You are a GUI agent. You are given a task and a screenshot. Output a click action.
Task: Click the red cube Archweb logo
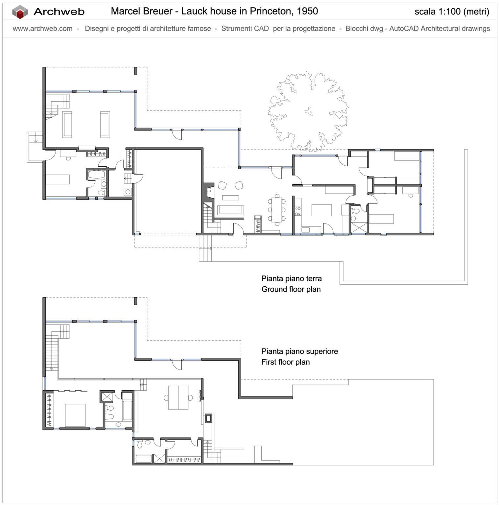(20, 12)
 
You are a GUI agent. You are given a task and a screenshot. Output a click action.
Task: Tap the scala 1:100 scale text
(451, 12)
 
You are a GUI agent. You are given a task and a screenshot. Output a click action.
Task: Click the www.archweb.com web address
(42, 29)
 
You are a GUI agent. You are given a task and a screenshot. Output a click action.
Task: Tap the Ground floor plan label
(291, 289)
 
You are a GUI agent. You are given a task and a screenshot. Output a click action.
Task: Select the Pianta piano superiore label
(299, 351)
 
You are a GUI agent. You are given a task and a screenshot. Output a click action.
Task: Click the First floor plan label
(285, 362)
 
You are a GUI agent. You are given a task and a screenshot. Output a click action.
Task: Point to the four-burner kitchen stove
(298, 211)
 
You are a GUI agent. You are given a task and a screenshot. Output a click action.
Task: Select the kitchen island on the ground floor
(321, 210)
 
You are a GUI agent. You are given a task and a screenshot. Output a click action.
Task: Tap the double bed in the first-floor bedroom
(75, 415)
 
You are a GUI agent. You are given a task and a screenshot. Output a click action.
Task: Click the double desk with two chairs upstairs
(178, 397)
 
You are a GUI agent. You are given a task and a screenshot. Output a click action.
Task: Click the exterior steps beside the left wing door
(35, 137)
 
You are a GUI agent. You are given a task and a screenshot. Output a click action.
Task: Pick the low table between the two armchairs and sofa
(230, 198)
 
